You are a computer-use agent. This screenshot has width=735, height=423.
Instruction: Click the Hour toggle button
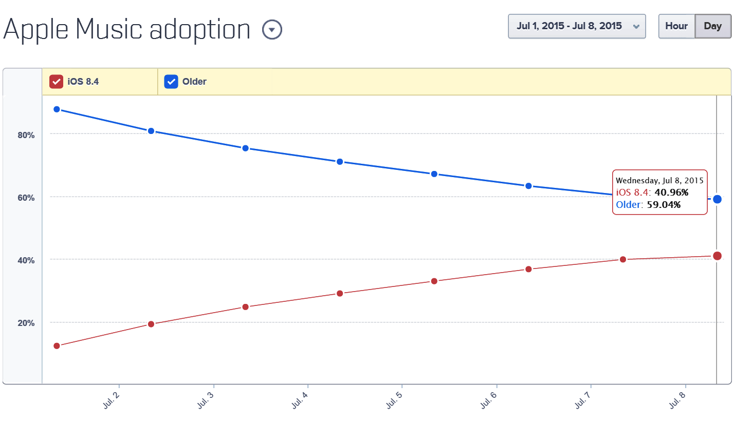click(676, 26)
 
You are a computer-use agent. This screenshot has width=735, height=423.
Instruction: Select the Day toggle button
click(713, 26)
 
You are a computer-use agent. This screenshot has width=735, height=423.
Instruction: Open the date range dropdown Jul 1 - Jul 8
click(577, 26)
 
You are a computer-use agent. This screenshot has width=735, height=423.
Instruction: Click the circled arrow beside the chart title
click(272, 29)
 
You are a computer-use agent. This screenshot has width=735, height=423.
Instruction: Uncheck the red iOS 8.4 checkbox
click(56, 82)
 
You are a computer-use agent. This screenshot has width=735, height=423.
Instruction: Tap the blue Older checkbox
click(171, 82)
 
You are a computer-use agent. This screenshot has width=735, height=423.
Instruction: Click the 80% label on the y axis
click(26, 135)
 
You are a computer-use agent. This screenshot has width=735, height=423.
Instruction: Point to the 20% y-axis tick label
click(26, 323)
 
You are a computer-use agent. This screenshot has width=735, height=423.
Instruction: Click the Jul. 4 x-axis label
click(300, 400)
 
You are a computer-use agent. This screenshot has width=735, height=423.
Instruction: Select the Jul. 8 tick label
click(677, 400)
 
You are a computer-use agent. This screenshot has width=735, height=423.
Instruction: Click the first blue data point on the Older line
click(57, 109)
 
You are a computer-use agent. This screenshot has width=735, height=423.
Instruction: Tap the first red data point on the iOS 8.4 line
click(57, 346)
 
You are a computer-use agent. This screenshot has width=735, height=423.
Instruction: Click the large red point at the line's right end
click(718, 256)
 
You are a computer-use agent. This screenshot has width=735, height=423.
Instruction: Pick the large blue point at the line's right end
click(718, 199)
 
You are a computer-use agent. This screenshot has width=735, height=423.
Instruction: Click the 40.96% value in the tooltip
click(671, 193)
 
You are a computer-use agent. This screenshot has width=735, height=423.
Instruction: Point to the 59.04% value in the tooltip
click(664, 205)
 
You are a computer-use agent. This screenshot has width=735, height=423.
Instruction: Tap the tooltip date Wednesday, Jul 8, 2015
click(659, 181)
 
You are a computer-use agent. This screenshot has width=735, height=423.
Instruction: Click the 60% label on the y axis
click(26, 198)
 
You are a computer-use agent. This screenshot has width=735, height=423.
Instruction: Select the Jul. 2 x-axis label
click(111, 400)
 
